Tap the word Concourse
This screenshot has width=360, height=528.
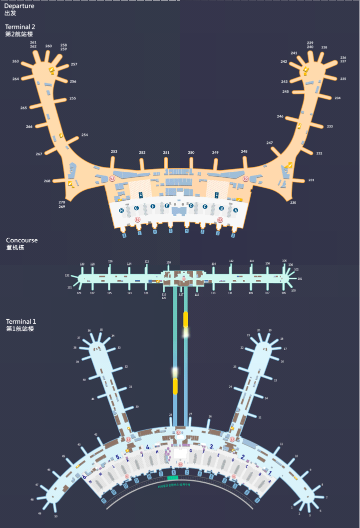(x=21, y=240)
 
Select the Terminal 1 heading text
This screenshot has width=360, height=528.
(x=21, y=321)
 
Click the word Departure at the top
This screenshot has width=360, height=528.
(x=19, y=6)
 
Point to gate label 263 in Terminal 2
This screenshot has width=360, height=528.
(x=15, y=61)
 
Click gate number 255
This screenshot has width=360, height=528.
(x=72, y=98)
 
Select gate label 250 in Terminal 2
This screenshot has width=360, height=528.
(x=191, y=152)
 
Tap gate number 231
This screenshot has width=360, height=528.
(x=311, y=180)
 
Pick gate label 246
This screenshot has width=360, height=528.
(x=280, y=116)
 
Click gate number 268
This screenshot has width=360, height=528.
(x=47, y=181)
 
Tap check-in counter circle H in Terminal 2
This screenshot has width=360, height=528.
(x=121, y=211)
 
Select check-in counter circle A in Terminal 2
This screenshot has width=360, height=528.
(x=235, y=211)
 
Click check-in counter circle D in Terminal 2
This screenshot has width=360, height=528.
(x=191, y=205)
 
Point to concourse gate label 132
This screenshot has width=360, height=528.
(x=67, y=275)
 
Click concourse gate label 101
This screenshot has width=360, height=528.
(x=300, y=278)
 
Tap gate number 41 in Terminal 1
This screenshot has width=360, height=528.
(x=93, y=399)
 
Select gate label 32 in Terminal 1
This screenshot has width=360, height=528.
(x=126, y=367)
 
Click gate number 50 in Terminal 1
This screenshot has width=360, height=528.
(x=56, y=516)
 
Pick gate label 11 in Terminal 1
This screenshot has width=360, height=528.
(x=281, y=444)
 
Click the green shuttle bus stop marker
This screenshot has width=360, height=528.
(x=173, y=478)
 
